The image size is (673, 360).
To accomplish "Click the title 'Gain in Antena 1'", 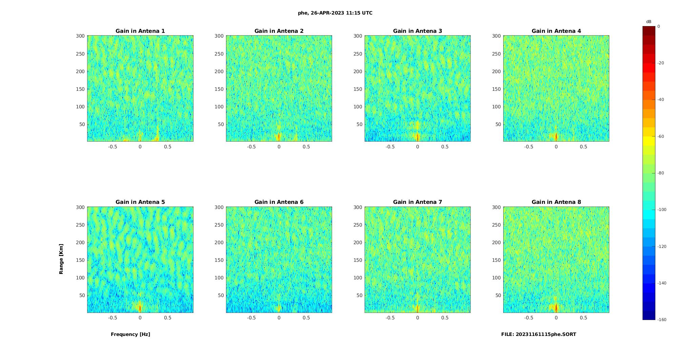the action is [140, 31].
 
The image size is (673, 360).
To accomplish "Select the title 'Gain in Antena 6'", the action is [279, 202].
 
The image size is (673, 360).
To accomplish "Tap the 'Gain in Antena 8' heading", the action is [556, 202].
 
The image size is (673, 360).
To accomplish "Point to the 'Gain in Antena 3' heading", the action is [417, 31].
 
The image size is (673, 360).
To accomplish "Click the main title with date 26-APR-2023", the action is [335, 13].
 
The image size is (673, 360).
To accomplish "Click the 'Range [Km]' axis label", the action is [61, 259].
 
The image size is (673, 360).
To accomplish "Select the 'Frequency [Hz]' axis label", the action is [130, 334].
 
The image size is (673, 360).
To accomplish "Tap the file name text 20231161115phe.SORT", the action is [538, 334].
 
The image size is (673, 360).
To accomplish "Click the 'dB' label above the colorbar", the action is [649, 22].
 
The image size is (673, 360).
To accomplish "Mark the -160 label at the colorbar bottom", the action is [662, 320].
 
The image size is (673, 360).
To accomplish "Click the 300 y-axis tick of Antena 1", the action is [80, 36].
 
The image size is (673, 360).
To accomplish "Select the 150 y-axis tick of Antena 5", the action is [80, 260].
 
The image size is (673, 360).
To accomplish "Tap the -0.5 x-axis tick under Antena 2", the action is [251, 147].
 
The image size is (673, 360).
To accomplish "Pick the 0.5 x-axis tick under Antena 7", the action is [445, 318].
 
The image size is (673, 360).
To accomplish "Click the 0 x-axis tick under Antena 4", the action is [556, 147].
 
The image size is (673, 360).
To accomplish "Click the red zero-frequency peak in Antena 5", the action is [140, 308].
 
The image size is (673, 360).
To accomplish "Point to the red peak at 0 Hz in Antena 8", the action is [556, 307].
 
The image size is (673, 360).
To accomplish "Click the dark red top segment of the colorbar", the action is [649, 31].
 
